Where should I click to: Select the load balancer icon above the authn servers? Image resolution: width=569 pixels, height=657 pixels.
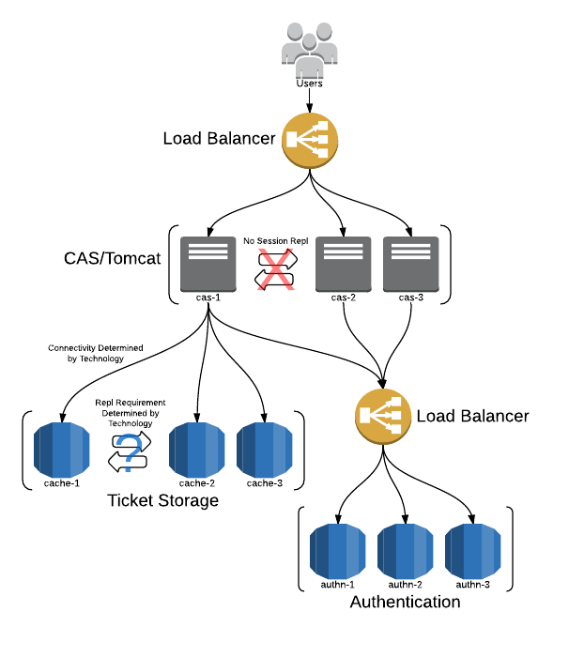coord(382,415)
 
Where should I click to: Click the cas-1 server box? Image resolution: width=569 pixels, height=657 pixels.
coord(209,262)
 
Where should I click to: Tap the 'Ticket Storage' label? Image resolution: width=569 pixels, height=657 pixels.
coord(163,500)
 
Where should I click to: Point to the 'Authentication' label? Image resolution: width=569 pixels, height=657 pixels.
coord(405,602)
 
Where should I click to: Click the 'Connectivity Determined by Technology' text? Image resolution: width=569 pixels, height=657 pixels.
coord(95,353)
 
